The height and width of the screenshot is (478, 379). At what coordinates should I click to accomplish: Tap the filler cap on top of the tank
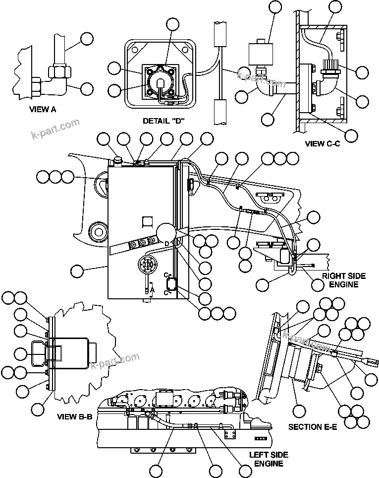point(117,160)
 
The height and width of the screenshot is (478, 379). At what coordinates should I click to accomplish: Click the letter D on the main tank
point(167,242)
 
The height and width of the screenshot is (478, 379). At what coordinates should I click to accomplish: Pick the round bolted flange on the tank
point(147,265)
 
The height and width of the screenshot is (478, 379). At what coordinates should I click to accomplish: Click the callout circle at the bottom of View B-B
point(39,410)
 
